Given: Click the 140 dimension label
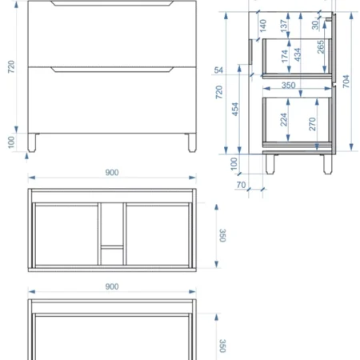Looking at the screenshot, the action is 263,26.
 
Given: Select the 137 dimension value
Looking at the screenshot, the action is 284,26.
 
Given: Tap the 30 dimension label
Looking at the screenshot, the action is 315,25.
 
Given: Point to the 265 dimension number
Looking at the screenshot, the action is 321,47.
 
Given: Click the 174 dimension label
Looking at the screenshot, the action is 284,56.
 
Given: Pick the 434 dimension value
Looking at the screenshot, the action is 298,54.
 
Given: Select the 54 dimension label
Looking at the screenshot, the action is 218,70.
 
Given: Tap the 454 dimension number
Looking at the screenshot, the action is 235,110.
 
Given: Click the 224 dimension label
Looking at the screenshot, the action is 283,119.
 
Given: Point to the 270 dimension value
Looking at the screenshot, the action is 312,124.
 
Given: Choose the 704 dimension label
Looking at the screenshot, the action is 346,82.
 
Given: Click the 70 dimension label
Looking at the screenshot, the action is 241,185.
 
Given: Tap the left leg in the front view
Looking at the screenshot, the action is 32,142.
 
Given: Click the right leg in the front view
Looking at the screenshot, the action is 192,142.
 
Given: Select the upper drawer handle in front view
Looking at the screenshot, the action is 112,3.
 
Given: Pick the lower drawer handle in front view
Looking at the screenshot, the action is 112,70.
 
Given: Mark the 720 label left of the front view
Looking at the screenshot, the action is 11,66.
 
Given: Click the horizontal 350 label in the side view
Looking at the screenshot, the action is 288,85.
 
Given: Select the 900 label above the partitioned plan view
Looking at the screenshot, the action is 112,172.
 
